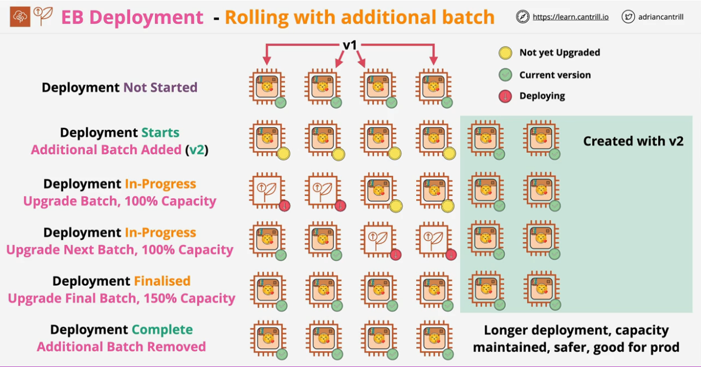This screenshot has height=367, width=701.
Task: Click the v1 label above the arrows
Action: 350,45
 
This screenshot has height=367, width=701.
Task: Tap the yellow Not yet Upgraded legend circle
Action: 505,53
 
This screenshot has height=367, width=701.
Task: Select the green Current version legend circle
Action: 505,75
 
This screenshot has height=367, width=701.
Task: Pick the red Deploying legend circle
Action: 505,96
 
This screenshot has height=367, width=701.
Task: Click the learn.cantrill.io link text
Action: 570,17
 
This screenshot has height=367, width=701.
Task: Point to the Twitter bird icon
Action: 628,17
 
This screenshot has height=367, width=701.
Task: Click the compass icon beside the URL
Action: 522,17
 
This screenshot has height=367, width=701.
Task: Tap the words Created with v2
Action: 633,141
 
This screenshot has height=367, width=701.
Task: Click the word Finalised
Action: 162,281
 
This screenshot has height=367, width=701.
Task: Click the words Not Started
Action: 160,88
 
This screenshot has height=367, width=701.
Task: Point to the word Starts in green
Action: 160,133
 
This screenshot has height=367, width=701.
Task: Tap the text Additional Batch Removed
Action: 121,347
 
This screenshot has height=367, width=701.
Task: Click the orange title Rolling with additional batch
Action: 359,17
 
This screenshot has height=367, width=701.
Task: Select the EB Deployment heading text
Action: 132,17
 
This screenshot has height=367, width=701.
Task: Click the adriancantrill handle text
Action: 661,17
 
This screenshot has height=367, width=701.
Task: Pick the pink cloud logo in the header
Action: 20,17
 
